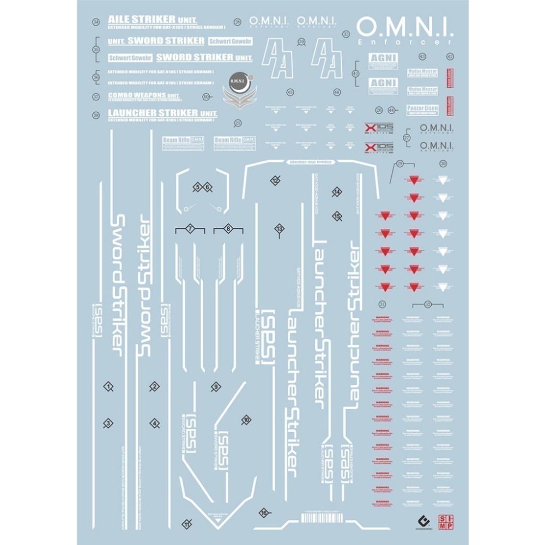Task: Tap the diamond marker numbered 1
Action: [x=109, y=387]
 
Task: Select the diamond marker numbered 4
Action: [x=155, y=422]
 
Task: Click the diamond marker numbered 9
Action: [x=216, y=386]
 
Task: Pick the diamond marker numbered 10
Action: [x=246, y=420]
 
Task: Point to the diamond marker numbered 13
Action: [x=280, y=228]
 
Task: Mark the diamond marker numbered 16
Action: [x=264, y=512]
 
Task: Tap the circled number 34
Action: [x=96, y=22]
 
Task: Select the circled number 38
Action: [x=96, y=115]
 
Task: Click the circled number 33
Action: [x=346, y=34]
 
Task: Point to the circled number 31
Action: [x=383, y=304]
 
